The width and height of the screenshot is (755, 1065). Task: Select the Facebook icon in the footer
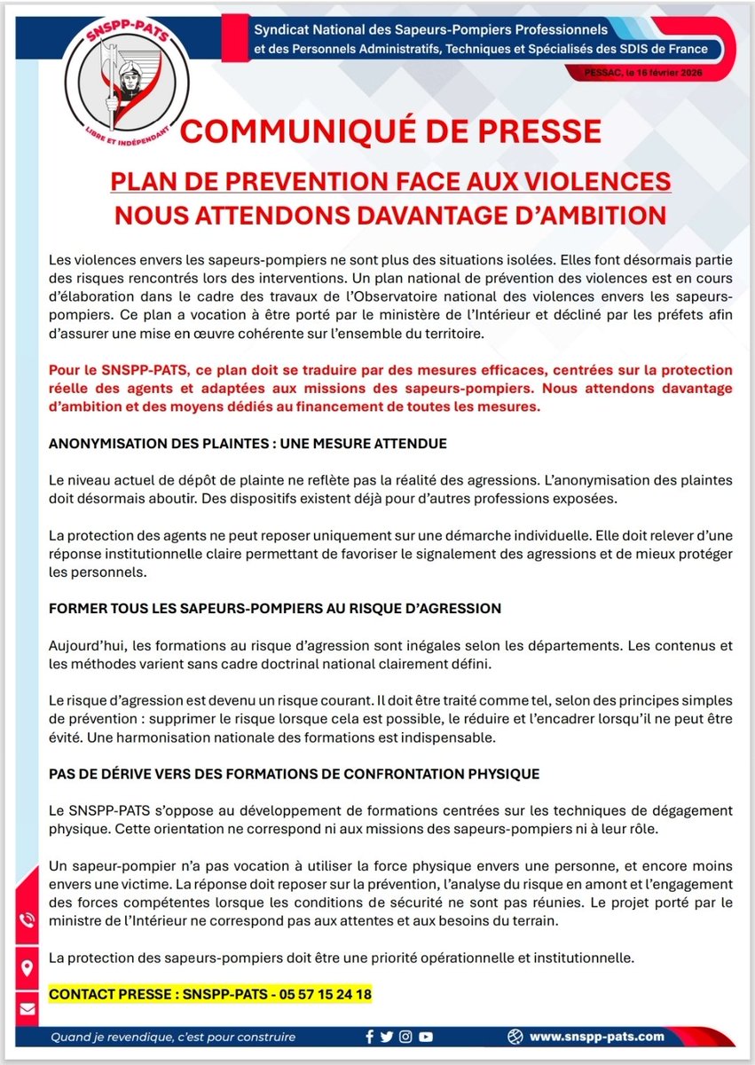pyautogui.click(x=370, y=1037)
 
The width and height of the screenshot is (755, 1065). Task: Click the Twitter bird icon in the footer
pyautogui.click(x=387, y=1037)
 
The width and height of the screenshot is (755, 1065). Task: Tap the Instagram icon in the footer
pyautogui.click(x=405, y=1037)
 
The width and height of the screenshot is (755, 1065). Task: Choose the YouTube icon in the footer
pyautogui.click(x=426, y=1037)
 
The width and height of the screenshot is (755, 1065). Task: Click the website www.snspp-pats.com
pyautogui.click(x=596, y=1037)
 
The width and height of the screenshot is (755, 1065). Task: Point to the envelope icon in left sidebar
pyautogui.click(x=27, y=1008)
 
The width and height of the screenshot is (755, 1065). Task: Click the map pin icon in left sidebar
pyautogui.click(x=27, y=966)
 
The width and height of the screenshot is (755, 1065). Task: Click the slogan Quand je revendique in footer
pyautogui.click(x=172, y=1037)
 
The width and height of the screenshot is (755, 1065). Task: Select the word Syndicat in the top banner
pyautogui.click(x=283, y=31)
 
